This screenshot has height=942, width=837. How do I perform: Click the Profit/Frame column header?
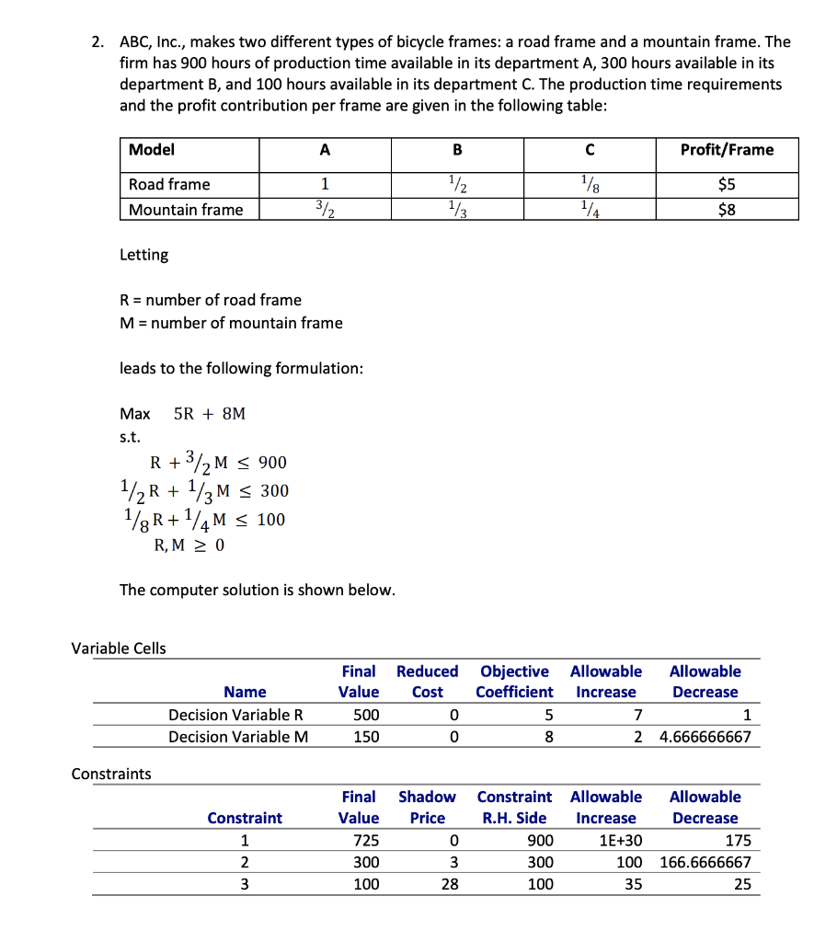pos(727,150)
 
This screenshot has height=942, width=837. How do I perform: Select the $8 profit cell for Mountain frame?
pos(727,210)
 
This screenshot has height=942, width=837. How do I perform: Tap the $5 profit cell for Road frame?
pos(727,184)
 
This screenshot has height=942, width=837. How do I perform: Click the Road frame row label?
pos(169,184)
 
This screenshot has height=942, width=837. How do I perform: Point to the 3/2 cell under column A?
pos(325,210)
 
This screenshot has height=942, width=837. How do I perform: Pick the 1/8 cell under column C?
pos(590,184)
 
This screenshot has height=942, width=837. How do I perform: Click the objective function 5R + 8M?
pos(210,414)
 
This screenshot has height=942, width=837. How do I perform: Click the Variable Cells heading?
pos(119,649)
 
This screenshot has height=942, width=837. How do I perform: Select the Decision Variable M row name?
pos(238,737)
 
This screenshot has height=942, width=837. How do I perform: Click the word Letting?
pos(144,255)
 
